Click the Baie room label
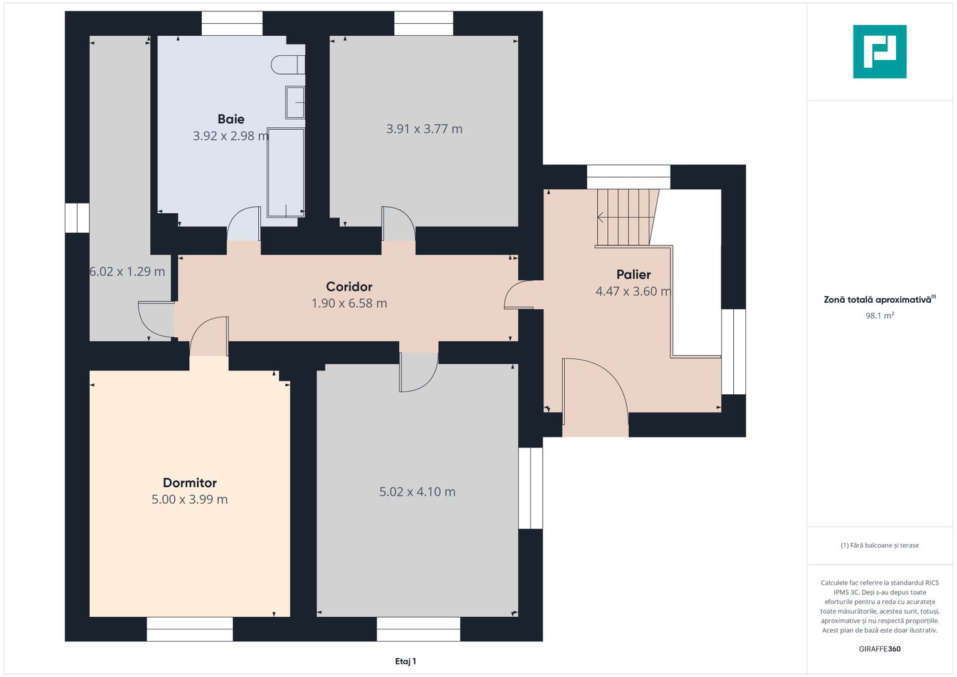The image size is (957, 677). tap(231, 119)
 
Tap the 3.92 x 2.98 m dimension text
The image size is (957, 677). tap(231, 136)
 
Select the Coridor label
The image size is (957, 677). tap(349, 286)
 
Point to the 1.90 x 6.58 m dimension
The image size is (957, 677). tap(349, 303)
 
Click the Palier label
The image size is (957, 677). tap(634, 275)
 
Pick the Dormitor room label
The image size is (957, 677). tap(190, 483)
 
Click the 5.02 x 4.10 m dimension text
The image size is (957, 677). tap(417, 492)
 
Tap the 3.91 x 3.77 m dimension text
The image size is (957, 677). tap(424, 129)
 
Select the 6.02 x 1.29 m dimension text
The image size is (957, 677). tap(127, 271)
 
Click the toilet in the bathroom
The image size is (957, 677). tap(288, 65)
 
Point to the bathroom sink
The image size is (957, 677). tap(295, 103)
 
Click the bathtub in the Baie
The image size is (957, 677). tap(286, 172)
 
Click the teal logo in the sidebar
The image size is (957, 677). tap(880, 51)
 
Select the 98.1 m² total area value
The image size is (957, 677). tap(880, 315)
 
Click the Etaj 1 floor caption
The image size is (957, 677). tap(405, 661)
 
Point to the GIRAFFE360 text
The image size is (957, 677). tap(880, 649)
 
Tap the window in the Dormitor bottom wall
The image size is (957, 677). tap(190, 629)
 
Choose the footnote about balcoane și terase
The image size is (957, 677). tap(880, 545)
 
